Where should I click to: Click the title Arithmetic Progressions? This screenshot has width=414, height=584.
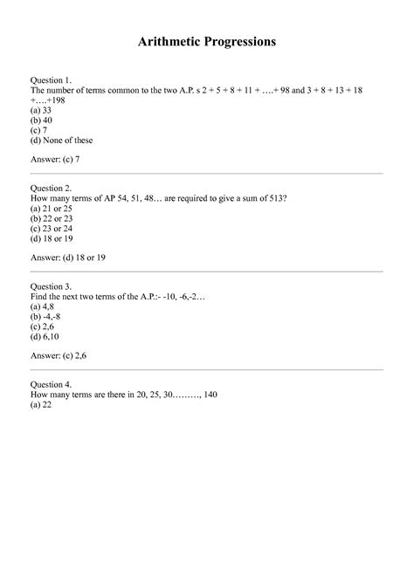pos(207,41)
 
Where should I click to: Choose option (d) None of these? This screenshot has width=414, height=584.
pos(61,141)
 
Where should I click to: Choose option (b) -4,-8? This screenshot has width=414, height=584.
pos(46,317)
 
